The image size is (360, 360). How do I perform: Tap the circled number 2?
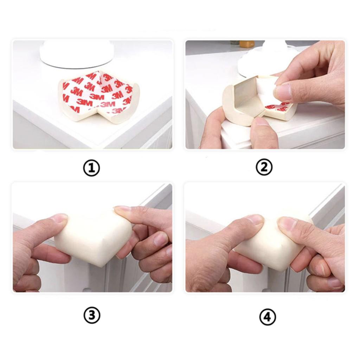coord(264,167)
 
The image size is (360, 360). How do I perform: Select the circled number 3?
coord(92,315)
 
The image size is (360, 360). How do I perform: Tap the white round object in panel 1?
coord(77,54)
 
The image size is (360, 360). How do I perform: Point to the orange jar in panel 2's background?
coord(247,44)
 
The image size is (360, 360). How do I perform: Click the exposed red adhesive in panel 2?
coord(279,106)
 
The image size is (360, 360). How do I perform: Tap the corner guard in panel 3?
coord(93,238)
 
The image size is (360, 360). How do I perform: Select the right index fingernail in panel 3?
coord(122,208)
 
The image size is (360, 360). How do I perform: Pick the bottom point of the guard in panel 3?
coord(101,267)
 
